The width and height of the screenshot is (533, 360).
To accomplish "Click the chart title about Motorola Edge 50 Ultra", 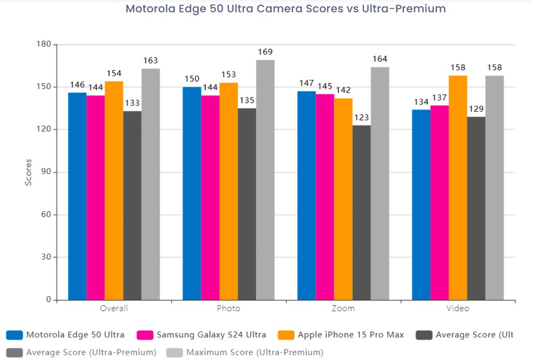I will [x=286, y=9].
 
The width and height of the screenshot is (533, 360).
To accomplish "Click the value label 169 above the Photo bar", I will [x=265, y=52].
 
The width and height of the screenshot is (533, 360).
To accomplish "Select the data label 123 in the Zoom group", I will [x=362, y=117].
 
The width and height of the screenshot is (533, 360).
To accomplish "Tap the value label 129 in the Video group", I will [x=477, y=109].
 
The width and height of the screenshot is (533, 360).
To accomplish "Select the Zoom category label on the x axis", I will [x=343, y=309].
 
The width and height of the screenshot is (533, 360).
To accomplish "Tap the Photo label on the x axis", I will [x=228, y=309].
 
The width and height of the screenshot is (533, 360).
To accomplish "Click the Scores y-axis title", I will [x=29, y=172].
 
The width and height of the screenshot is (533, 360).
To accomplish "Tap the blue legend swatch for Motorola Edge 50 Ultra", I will [x=14, y=335].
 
